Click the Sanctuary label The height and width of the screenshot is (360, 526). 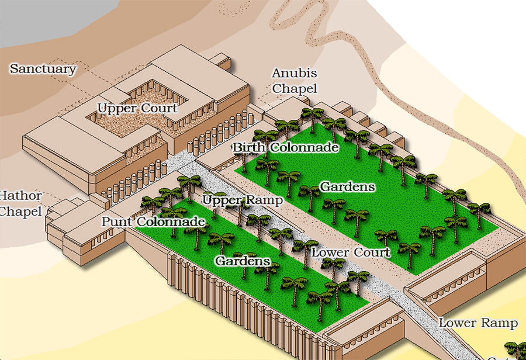[43, 69]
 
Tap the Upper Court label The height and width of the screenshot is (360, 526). [137, 108]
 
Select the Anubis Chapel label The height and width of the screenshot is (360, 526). [295, 81]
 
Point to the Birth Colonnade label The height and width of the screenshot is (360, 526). [286, 147]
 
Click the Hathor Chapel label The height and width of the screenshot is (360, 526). [21, 203]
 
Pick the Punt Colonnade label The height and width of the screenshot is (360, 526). [153, 222]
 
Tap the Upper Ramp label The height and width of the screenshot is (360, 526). [243, 200]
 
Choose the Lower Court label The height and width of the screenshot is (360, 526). [350, 252]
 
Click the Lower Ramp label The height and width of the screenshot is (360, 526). [478, 323]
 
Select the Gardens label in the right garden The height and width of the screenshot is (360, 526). [347, 187]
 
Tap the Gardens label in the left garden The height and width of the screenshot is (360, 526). [243, 261]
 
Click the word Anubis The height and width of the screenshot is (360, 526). [295, 74]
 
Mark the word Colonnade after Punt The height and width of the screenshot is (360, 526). [171, 222]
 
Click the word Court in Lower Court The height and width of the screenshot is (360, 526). [371, 252]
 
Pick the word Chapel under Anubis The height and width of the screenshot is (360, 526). [295, 89]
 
